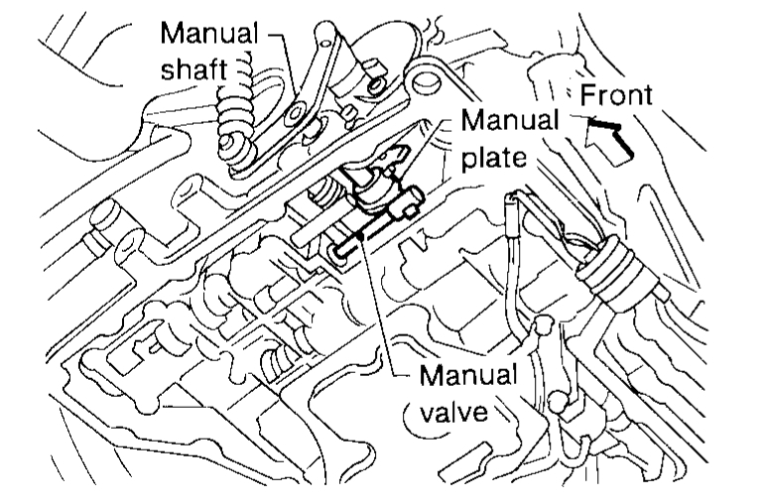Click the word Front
coord(615,96)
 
